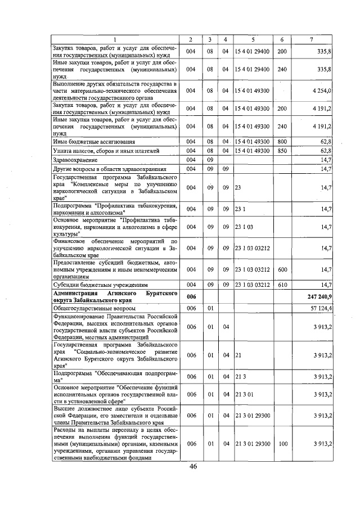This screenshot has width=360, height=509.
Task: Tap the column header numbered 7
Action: pos(312,39)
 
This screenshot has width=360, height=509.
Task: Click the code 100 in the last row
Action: pos(282,444)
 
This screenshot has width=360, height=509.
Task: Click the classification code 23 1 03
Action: pos(245,227)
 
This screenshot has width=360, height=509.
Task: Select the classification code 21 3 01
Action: pos(245,394)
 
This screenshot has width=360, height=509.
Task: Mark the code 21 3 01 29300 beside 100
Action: pos(253,444)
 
